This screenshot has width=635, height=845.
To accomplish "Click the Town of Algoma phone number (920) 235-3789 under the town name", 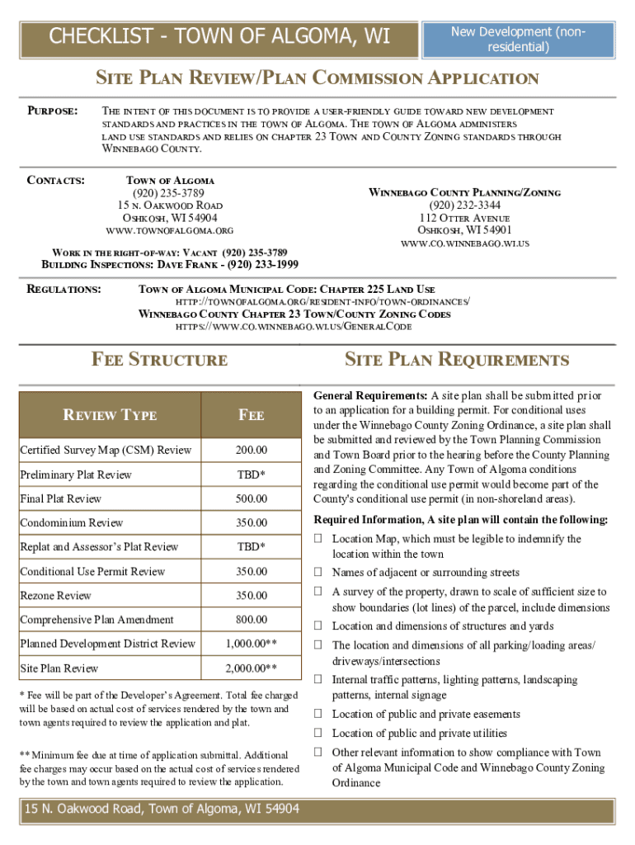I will (x=170, y=192).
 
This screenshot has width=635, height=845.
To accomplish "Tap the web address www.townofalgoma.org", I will (x=170, y=230).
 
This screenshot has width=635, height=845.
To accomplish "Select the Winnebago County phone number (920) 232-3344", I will (x=464, y=205).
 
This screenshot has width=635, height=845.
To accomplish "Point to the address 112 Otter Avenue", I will (x=465, y=217).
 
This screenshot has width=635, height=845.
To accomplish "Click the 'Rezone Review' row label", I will (x=56, y=596).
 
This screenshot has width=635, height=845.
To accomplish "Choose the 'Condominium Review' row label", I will (x=72, y=523).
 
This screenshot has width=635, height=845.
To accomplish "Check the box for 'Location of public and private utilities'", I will (x=318, y=733).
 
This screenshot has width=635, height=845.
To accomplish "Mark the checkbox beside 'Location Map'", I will (x=318, y=539).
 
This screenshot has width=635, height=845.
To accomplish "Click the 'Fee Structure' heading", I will (x=159, y=360).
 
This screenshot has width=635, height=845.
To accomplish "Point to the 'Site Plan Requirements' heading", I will (x=456, y=360).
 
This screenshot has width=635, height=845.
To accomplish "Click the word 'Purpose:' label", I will (x=53, y=111).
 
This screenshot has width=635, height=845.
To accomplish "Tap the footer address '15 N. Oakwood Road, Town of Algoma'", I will (x=162, y=810).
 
